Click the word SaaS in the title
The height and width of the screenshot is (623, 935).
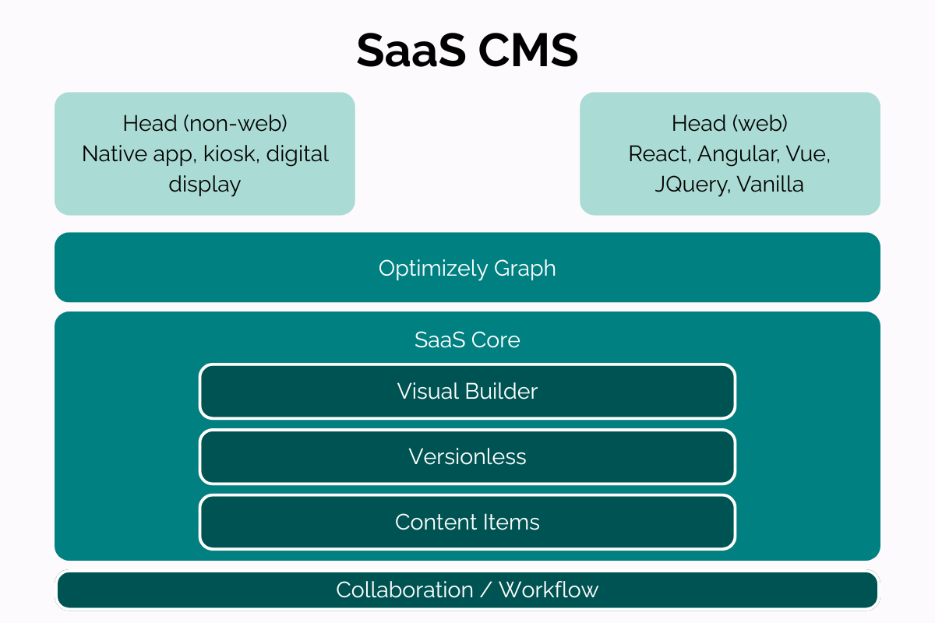click(411, 50)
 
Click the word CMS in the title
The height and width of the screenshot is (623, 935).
click(528, 50)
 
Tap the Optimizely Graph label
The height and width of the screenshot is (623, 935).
click(467, 269)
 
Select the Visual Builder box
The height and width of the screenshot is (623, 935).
click(467, 392)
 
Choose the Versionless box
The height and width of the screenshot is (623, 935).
click(467, 457)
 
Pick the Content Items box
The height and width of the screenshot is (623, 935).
click(467, 522)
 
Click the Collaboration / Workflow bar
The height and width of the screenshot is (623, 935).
click(467, 590)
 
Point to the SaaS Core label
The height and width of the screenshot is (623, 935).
click(467, 340)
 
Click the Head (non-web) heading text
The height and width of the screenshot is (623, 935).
click(205, 124)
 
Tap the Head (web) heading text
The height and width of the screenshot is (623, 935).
click(729, 124)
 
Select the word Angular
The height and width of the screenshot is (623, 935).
click(738, 155)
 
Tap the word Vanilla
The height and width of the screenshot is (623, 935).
click(770, 184)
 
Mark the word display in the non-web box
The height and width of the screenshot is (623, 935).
click(205, 185)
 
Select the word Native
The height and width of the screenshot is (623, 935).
click(115, 154)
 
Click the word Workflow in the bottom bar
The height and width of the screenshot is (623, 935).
click(549, 590)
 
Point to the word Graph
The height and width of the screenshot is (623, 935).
click(524, 269)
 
